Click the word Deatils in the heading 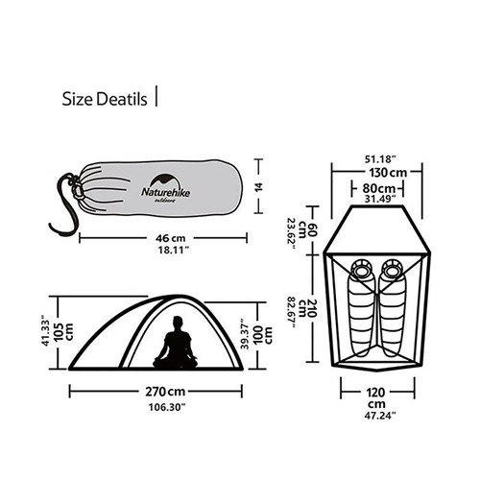point(121,98)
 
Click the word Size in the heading point(78,98)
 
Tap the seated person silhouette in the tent point(178,343)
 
